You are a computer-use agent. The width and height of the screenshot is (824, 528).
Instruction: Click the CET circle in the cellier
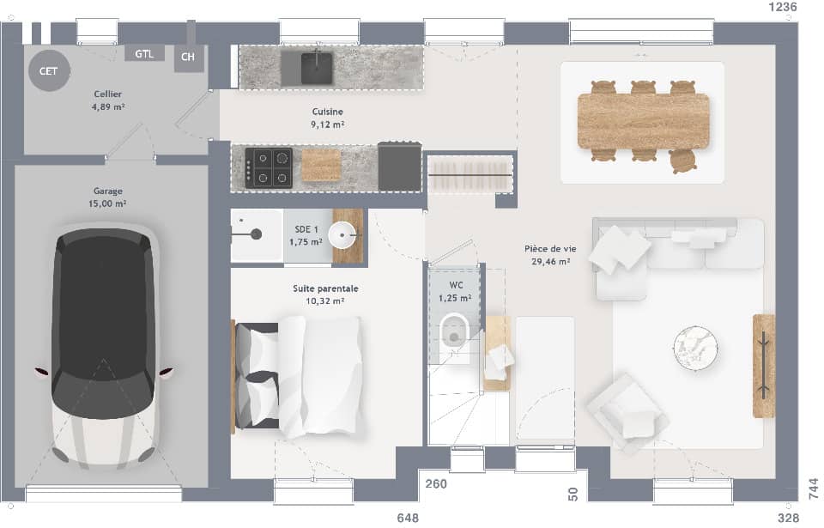[x=49, y=71]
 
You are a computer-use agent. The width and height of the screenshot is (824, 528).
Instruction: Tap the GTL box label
[x=143, y=54]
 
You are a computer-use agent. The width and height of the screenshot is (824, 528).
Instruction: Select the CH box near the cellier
[x=189, y=58]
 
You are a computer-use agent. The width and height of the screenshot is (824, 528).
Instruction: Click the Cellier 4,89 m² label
[x=109, y=101]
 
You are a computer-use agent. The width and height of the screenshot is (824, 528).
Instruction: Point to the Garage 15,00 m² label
[x=109, y=197]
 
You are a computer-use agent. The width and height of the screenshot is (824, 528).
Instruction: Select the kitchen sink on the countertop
[x=316, y=67]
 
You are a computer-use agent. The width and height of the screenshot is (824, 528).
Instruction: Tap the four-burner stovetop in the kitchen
[x=269, y=167]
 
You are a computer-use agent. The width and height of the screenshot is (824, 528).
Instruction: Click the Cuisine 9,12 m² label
[x=327, y=118]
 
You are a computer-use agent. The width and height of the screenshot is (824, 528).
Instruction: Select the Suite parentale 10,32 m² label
[x=325, y=294]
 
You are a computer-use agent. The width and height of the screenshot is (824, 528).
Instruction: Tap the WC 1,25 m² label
[x=455, y=292]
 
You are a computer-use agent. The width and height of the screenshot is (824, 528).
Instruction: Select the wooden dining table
[x=644, y=121]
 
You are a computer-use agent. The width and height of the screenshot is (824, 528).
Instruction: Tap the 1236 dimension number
[x=782, y=7]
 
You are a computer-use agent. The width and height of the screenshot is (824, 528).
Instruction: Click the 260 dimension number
[x=436, y=484]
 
